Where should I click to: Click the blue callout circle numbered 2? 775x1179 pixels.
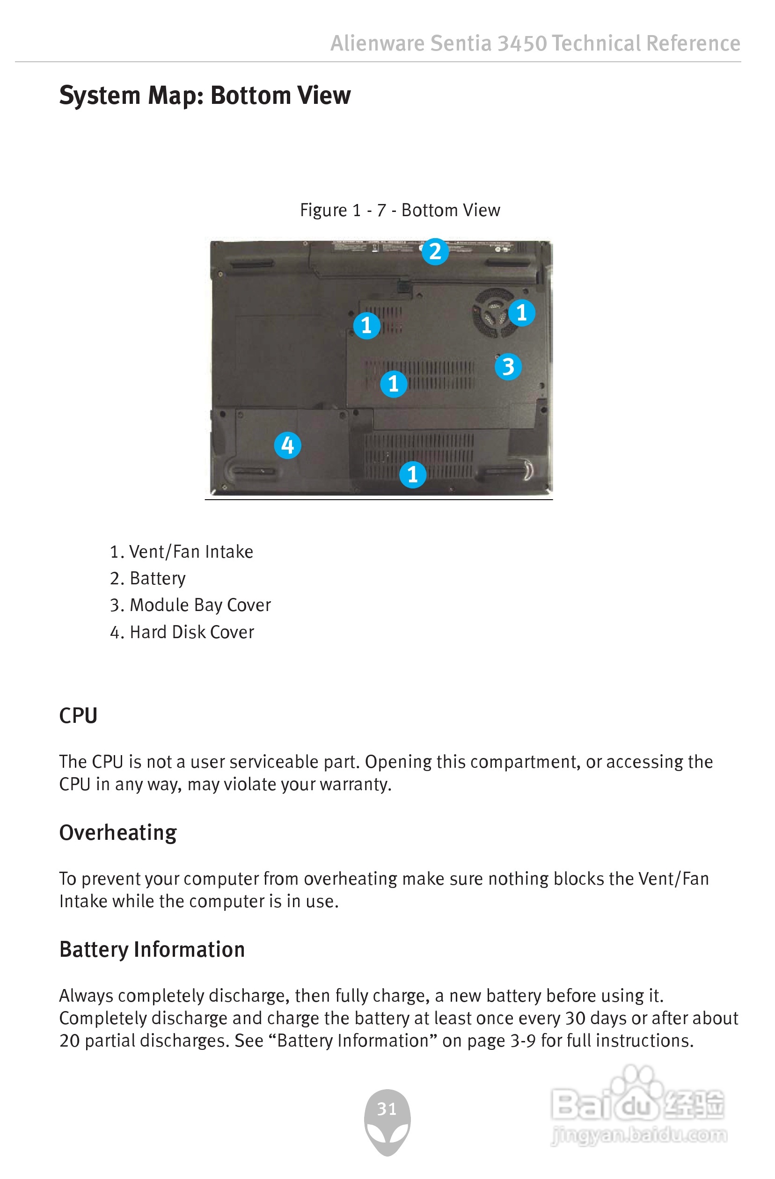(x=435, y=252)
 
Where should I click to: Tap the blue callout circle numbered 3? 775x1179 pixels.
(x=508, y=367)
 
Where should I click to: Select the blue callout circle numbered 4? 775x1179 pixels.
(x=287, y=445)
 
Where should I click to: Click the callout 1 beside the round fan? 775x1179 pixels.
(x=521, y=313)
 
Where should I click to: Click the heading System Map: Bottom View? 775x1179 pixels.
(x=205, y=95)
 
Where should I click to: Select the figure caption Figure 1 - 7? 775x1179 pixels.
(x=399, y=210)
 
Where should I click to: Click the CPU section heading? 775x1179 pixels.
(x=78, y=715)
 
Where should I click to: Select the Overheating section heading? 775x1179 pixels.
(x=118, y=832)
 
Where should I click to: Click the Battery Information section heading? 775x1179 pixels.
(x=152, y=949)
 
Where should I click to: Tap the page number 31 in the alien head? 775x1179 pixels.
(x=387, y=1108)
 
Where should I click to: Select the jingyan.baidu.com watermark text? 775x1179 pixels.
(x=639, y=1134)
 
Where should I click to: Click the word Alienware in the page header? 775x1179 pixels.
(x=377, y=44)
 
